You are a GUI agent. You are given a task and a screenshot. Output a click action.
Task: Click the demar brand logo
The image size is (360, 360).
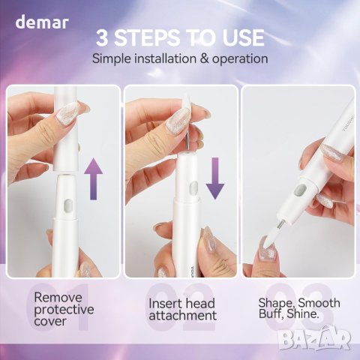click(42, 22)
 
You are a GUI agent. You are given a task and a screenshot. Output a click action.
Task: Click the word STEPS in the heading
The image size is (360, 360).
click(148, 37)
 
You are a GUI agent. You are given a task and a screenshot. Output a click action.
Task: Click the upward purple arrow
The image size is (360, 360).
click(93, 178)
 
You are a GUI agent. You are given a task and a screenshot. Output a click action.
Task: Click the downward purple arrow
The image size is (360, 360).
click(215, 178)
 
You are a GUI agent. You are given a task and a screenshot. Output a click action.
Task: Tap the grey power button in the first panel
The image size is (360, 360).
click(68, 205)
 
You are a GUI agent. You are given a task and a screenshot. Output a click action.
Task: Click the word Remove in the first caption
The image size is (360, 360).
click(58, 298)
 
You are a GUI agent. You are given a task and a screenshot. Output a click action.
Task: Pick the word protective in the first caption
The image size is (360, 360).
click(64, 310)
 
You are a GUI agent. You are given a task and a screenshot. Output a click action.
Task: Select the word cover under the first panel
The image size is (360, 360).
click(50, 322)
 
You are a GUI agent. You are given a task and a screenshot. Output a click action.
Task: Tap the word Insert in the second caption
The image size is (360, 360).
click(164, 304)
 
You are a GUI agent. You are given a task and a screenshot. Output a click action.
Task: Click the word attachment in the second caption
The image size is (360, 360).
click(183, 316)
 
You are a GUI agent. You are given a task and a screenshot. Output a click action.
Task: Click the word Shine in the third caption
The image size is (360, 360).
click(303, 314)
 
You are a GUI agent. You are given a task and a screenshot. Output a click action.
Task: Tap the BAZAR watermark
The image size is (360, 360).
click(314, 337)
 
